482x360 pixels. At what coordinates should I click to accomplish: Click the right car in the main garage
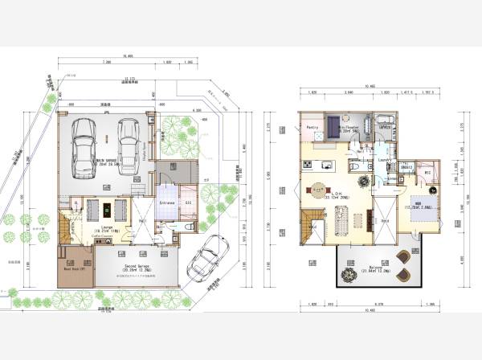click(129, 144)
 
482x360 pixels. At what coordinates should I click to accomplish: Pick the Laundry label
click(384, 160)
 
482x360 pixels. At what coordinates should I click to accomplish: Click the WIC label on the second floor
click(428, 171)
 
